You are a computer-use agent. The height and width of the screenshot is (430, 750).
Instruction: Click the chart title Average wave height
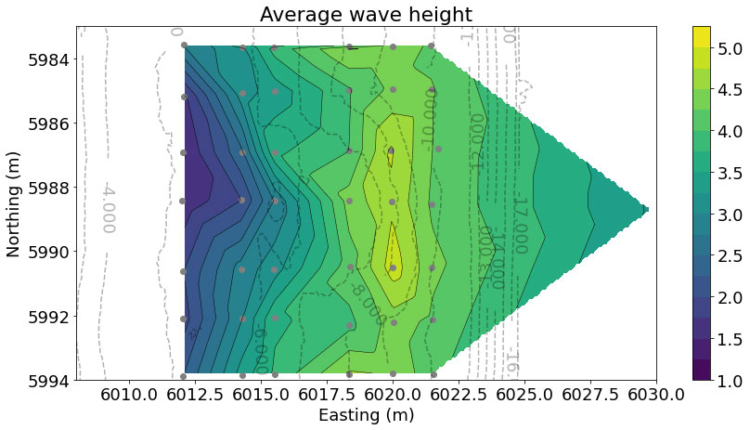[x=366, y=14]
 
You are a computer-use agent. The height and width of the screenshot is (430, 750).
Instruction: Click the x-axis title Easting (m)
[x=366, y=414]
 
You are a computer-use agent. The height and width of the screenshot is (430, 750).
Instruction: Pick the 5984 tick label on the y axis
[x=46, y=59]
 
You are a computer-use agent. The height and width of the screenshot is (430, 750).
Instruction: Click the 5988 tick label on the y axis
[x=46, y=188]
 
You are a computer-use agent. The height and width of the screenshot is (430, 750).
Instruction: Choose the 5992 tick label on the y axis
[x=46, y=317]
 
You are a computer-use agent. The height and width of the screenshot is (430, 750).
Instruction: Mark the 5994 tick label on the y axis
[x=46, y=381]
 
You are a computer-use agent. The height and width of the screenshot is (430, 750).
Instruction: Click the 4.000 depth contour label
[x=108, y=207]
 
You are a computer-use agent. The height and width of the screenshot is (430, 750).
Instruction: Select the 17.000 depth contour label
[x=519, y=225]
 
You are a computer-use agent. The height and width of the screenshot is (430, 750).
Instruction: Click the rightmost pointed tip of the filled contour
[x=647, y=210]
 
